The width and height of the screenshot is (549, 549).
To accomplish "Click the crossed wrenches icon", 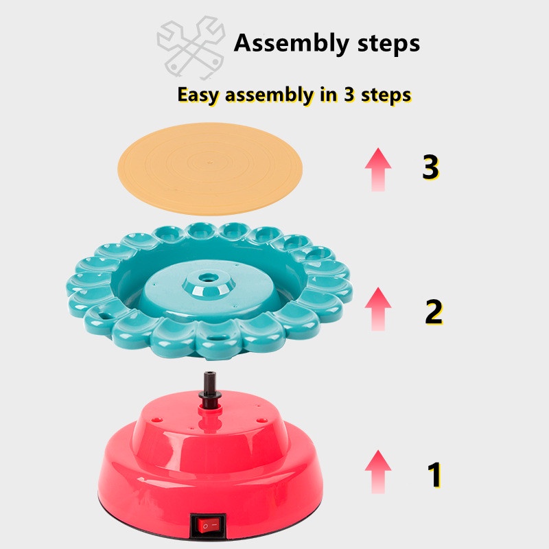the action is click(191, 47).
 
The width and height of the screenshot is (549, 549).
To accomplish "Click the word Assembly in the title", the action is click(291, 43).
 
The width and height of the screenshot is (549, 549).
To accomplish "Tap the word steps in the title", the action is click(388, 44).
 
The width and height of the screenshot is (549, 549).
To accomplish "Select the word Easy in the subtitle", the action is click(198, 95).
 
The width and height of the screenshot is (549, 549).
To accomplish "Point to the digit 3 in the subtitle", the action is click(349, 94).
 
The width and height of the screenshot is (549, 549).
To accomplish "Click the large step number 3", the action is click(430, 167).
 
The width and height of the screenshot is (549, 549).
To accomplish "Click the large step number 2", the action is click(434, 312).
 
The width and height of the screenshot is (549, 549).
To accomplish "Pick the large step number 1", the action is click(434, 474).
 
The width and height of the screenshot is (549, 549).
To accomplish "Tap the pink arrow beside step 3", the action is click(378, 170).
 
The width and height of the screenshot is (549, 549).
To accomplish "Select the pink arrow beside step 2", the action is click(378, 309).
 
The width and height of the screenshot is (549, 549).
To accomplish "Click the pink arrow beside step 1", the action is click(378, 471).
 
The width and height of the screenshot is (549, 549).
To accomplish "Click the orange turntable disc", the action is click(210, 168).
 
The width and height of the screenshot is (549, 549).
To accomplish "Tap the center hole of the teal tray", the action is click(209, 279).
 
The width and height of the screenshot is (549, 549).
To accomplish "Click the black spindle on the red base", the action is click(210, 390).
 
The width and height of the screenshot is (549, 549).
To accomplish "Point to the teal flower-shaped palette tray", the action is click(209, 290).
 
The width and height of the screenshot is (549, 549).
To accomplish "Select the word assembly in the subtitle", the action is click(270, 95).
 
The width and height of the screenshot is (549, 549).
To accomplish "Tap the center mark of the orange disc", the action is click(210, 163).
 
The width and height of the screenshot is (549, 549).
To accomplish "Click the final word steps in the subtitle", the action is click(386, 95).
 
